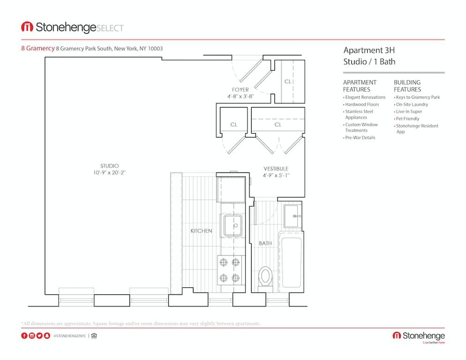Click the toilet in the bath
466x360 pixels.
click(x=265, y=276)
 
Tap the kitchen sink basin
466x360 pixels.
click(x=232, y=225)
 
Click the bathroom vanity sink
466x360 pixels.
click(x=292, y=216)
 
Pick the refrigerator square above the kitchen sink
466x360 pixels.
click(x=231, y=189)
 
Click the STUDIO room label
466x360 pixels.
click(x=110, y=166)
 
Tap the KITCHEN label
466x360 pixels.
click(x=201, y=231)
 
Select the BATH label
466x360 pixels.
click(x=265, y=243)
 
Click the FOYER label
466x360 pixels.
click(x=240, y=90)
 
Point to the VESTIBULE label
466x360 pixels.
click(x=276, y=169)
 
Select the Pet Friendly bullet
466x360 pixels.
click(x=408, y=119)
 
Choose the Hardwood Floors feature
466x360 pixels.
click(x=362, y=105)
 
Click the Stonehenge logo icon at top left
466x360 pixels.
click(x=27, y=27)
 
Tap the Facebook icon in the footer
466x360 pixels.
click(x=24, y=336)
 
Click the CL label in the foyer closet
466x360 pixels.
click(x=288, y=82)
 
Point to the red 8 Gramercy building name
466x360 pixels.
click(x=38, y=48)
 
